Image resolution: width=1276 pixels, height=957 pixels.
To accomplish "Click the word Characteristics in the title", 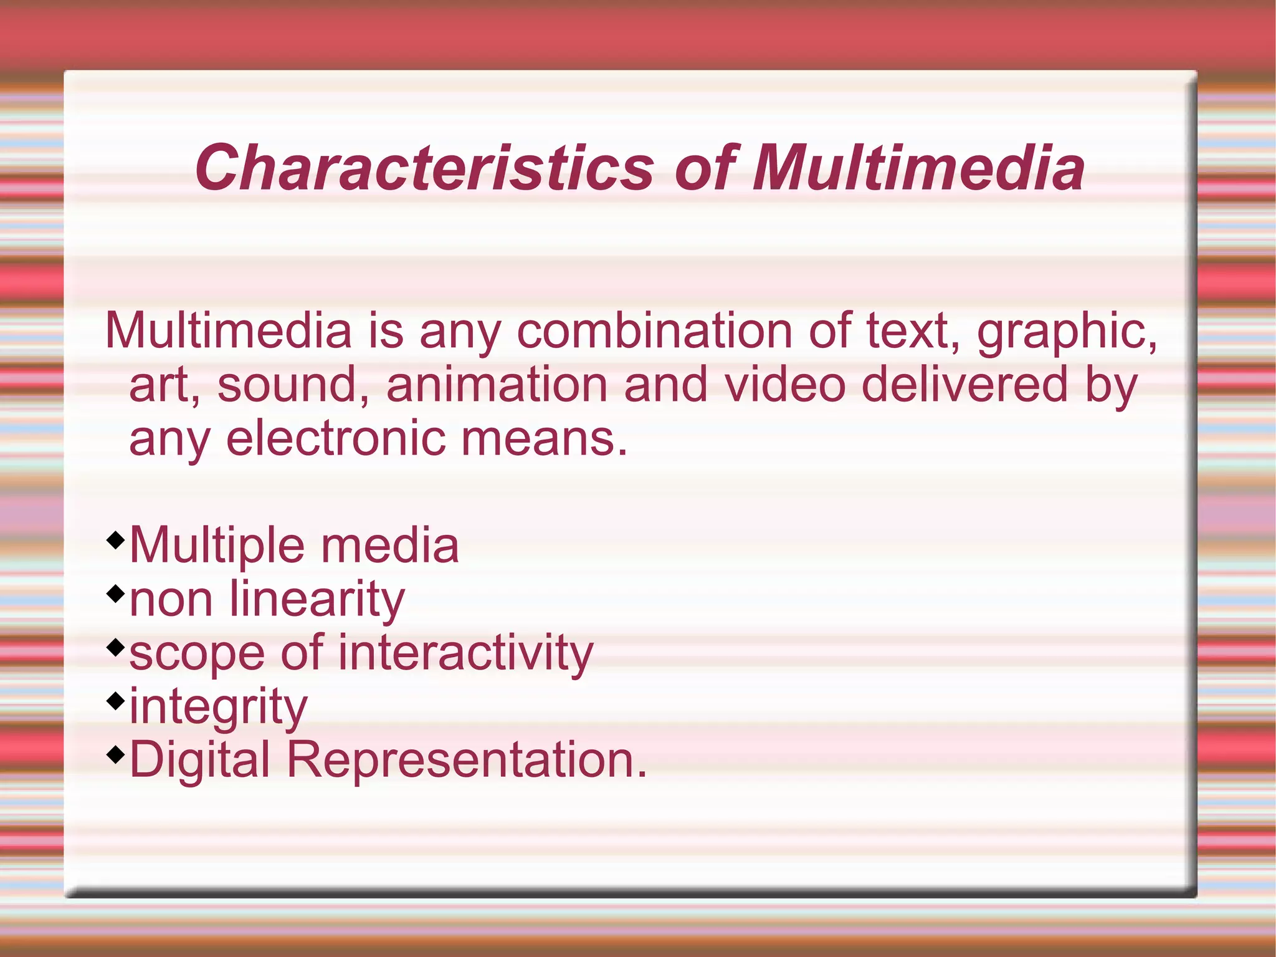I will click(424, 168).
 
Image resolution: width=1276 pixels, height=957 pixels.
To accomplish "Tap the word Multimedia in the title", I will click(918, 168).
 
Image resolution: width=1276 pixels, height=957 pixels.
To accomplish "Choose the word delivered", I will click(964, 385).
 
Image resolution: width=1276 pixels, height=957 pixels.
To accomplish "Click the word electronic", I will click(336, 438).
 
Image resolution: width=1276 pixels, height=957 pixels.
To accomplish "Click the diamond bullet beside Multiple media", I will click(115, 539).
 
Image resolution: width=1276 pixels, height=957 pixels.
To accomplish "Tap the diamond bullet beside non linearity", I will click(115, 592).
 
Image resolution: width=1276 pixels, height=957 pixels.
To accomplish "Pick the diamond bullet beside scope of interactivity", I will click(115, 647).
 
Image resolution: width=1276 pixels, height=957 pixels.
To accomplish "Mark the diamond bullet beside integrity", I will click(115, 700).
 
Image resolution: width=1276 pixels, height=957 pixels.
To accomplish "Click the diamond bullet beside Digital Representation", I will click(115, 754).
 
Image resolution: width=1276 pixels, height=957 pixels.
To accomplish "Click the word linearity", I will click(317, 600).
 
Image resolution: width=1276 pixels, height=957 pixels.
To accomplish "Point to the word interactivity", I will click(465, 653).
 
